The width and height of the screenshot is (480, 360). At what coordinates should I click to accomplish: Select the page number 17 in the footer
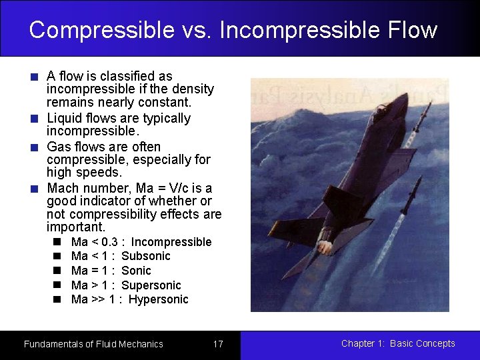click(218, 344)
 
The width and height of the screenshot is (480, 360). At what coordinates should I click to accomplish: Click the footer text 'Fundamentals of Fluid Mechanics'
click(93, 344)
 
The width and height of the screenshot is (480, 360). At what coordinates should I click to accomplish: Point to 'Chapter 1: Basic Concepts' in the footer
click(398, 343)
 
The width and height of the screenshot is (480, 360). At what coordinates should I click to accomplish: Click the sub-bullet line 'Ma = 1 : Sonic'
click(111, 271)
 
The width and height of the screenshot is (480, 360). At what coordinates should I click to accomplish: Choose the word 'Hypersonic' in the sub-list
click(158, 299)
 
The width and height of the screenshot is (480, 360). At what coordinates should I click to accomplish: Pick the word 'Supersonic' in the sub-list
click(151, 285)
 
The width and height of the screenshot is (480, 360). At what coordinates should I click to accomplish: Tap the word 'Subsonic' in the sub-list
click(146, 256)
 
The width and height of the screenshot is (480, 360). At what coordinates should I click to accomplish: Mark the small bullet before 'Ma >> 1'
click(58, 299)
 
